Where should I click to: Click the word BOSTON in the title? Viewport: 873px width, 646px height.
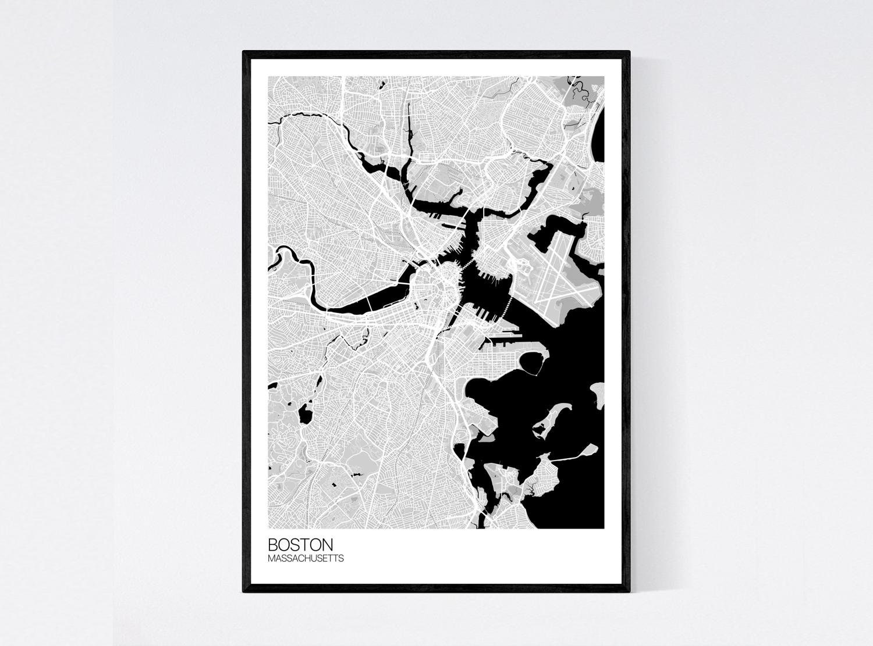point(300,545)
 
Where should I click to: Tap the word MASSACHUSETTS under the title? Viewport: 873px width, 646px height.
point(306,559)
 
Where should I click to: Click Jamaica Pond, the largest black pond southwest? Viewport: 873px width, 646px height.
point(304,415)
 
